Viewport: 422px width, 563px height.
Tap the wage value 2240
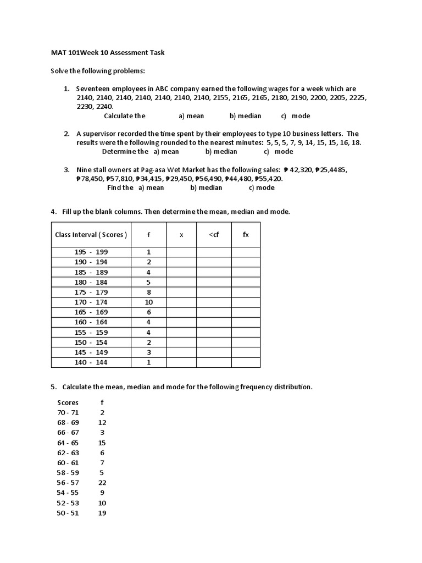pos(104,107)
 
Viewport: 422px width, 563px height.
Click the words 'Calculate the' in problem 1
pos(125,116)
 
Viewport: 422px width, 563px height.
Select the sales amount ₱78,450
pos(91,179)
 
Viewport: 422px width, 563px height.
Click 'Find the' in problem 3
pos(120,187)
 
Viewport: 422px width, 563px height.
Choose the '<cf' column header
pos(214,235)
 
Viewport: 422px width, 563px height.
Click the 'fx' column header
pos(246,235)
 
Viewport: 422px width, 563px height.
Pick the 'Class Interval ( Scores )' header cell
pos(91,235)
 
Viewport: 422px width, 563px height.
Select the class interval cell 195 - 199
pos(91,252)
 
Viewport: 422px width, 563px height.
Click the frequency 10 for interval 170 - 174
pos(148,302)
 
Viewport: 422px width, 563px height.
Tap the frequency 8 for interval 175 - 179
pos(148,292)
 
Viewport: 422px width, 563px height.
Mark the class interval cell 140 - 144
pos(91,363)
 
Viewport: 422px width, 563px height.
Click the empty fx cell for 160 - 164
pos(246,322)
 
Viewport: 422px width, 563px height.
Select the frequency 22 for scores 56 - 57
pos(102,483)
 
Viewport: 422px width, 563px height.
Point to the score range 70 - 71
pos(68,412)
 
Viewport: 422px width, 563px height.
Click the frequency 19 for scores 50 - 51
pos(102,513)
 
